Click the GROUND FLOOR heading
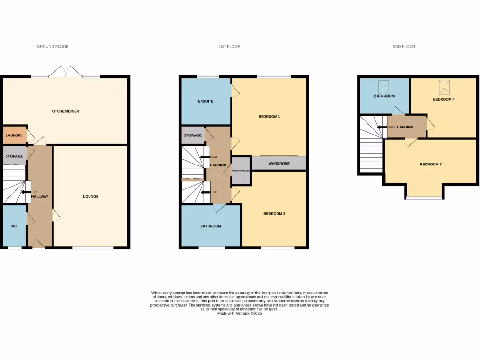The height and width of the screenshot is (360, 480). point(52,47)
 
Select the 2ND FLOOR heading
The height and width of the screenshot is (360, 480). point(404,47)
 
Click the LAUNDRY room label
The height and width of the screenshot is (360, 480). point(14,135)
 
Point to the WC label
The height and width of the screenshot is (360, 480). point(14,226)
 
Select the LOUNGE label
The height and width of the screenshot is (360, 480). point(91,196)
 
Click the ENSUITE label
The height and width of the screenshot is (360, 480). point(206,101)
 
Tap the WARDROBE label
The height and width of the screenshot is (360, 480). point(278,164)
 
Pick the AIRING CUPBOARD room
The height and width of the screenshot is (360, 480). point(241,171)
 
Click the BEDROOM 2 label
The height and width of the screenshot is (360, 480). point(274,213)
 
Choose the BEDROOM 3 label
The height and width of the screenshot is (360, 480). point(430,165)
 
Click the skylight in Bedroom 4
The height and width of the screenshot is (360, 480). point(443,87)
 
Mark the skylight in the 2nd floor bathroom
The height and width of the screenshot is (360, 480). point(384,86)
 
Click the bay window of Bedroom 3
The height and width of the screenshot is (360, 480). point(424,198)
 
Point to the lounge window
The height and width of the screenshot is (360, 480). point(93,247)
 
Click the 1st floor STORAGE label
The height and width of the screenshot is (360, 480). point(193,135)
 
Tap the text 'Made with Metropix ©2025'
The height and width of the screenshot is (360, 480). point(240,313)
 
